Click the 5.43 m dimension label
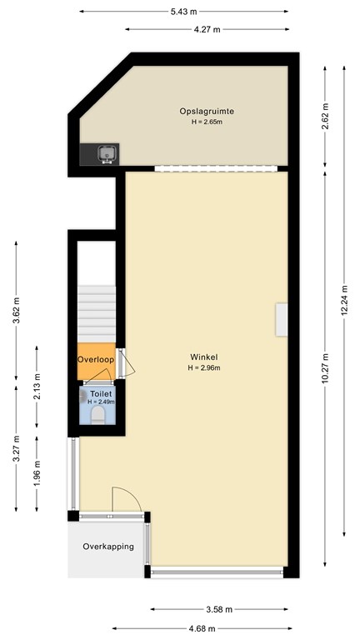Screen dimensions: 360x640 (x=183, y=12)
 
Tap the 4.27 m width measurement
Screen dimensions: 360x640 (x=207, y=29)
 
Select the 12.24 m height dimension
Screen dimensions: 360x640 (x=344, y=300)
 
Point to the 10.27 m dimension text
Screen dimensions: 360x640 (x=325, y=368)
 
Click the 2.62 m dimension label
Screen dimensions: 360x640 (x=325, y=117)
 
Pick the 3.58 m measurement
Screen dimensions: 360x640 (x=219, y=609)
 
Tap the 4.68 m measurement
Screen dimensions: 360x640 (x=202, y=628)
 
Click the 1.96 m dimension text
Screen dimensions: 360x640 (x=37, y=473)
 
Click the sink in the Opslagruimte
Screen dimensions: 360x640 (x=107, y=154)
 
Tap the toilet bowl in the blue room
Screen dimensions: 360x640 (x=97, y=415)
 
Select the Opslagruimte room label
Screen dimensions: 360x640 (x=207, y=111)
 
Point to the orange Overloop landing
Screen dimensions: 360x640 (x=97, y=361)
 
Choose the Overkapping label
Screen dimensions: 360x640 (x=108, y=547)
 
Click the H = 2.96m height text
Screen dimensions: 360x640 (x=204, y=367)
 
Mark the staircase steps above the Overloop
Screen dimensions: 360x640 (x=97, y=313)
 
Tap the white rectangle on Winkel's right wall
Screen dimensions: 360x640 (x=281, y=320)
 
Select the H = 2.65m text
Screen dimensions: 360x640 (x=207, y=122)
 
